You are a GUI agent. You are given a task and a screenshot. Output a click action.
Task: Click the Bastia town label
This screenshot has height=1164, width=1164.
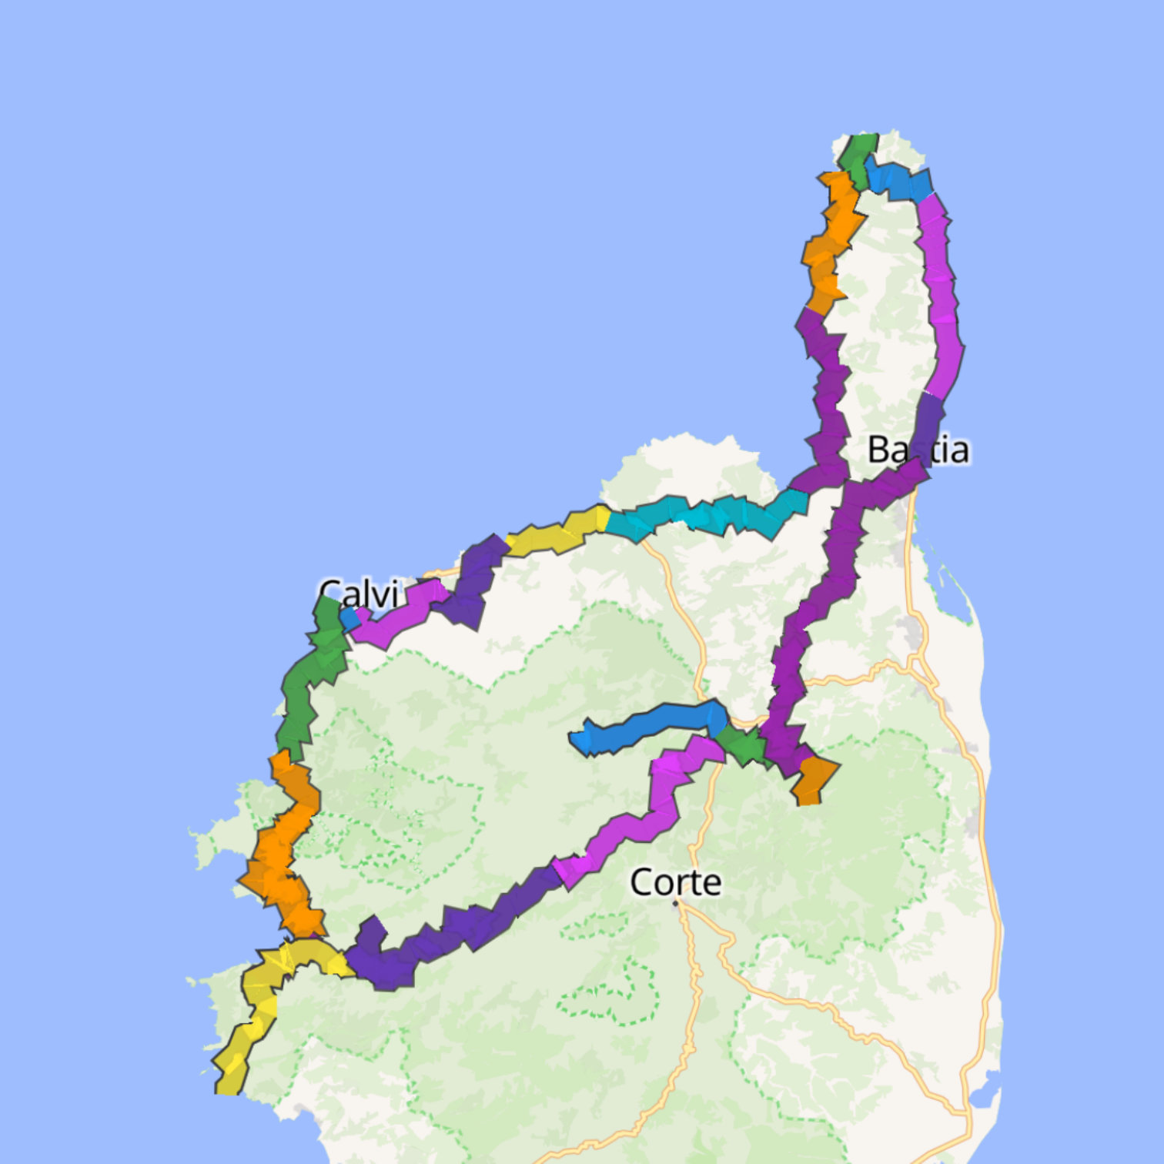(918, 450)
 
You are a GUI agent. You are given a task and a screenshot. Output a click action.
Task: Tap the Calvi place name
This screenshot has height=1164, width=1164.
(359, 594)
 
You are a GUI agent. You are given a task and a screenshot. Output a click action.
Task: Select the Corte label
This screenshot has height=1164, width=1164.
(675, 882)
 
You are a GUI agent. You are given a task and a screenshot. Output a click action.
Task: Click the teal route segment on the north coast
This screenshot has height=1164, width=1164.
(708, 514)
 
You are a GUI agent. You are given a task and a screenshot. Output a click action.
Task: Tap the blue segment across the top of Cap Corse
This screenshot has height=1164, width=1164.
(898, 180)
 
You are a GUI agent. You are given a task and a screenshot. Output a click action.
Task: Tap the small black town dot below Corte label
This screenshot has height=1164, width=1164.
(676, 903)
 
